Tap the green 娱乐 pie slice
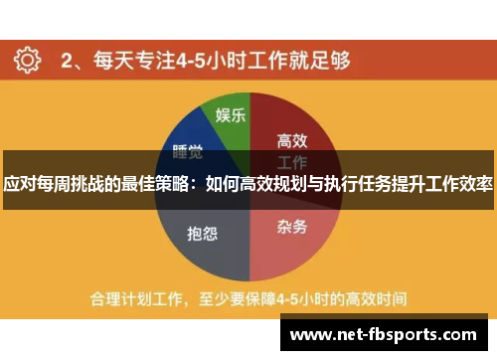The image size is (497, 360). coord(225,119)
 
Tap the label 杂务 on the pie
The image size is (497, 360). coord(291,226)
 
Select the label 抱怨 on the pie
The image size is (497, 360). coord(202,234)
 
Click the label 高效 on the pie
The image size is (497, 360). coord(291,140)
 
